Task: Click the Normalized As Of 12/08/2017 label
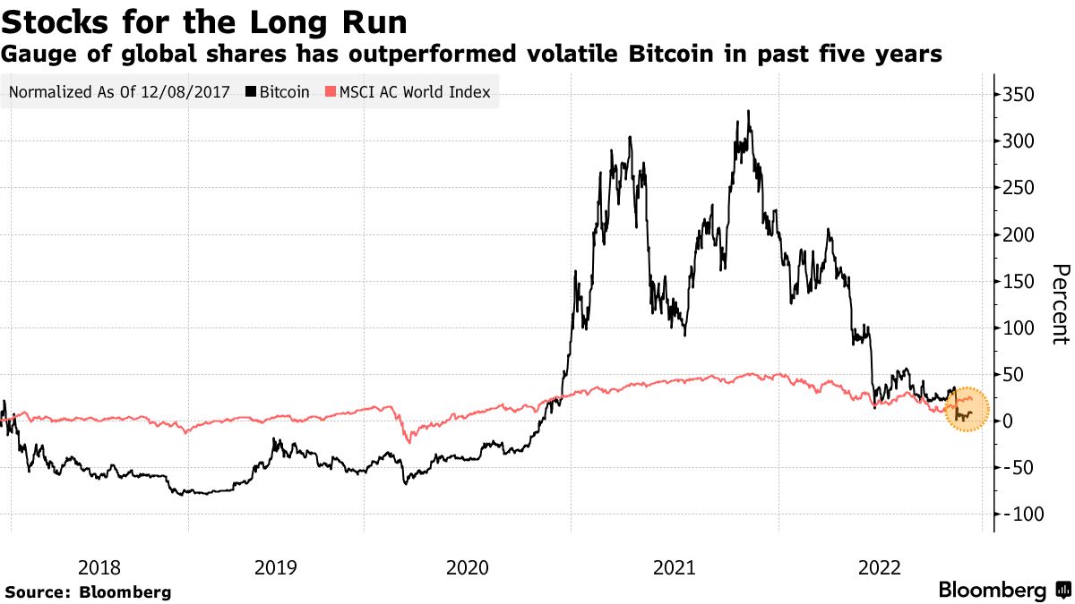[x=120, y=91]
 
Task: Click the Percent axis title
[x=1060, y=304]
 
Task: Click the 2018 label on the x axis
[x=99, y=566]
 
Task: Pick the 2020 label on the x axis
[x=466, y=566]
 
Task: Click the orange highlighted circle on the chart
[x=967, y=409]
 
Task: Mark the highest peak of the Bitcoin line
[x=748, y=112]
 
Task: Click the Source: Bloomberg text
[x=88, y=592]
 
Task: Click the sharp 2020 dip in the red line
[x=408, y=441]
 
